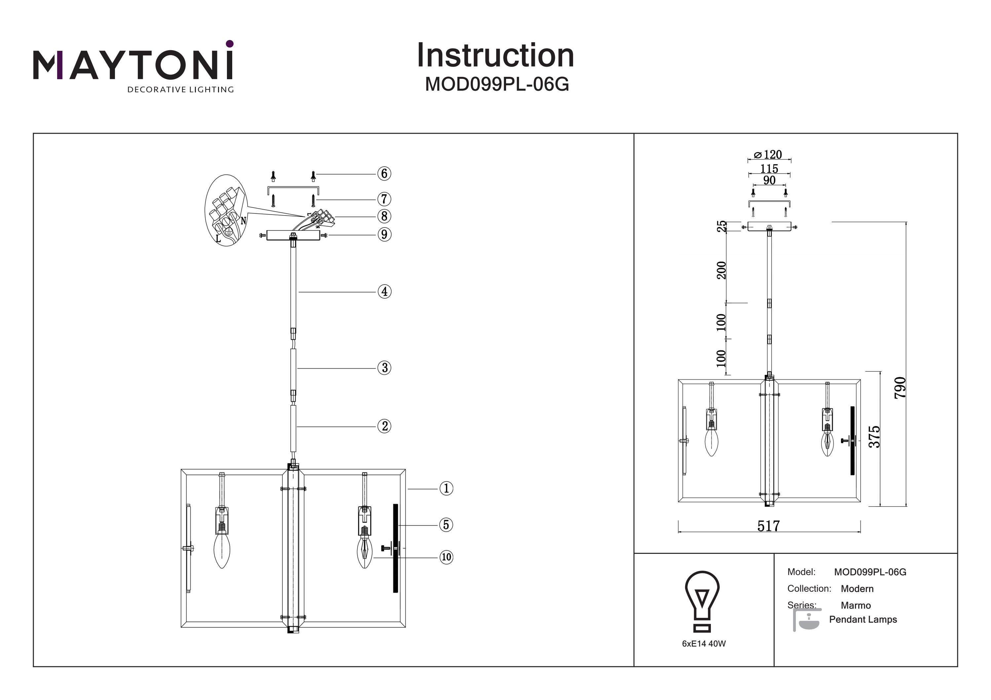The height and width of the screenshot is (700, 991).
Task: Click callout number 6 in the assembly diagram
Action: (384, 174)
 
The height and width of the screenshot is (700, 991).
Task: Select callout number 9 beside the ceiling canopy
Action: (384, 235)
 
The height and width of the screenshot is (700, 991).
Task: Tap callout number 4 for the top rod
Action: (384, 291)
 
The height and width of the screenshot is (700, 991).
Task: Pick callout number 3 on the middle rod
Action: (384, 368)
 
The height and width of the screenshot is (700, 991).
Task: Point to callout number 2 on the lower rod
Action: (384, 426)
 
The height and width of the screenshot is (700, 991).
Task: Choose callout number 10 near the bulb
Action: (446, 557)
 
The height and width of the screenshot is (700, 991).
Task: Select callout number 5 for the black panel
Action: (446, 525)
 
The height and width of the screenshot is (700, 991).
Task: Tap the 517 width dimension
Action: (769, 526)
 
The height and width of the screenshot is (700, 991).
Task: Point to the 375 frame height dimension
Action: (874, 437)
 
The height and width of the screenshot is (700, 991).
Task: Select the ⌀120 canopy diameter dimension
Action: (768, 154)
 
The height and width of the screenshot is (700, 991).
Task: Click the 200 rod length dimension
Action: (721, 270)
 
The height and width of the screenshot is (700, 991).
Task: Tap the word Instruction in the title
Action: (495, 56)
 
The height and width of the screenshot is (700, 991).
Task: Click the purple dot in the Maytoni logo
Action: (230, 44)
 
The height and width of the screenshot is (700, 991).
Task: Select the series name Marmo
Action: (856, 606)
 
